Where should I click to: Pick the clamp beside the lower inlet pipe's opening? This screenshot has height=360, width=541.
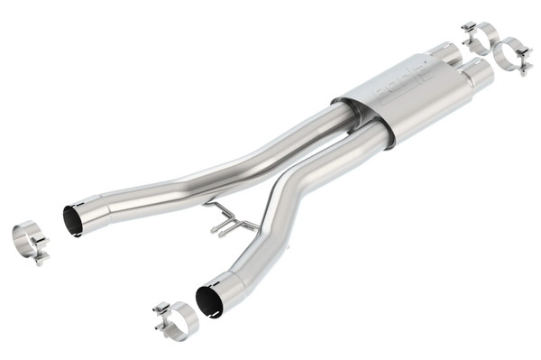177,320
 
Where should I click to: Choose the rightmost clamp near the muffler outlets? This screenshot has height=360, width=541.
515,56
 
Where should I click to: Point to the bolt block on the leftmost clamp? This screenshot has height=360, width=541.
41,257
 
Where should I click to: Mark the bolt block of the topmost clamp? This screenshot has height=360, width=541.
469,30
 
